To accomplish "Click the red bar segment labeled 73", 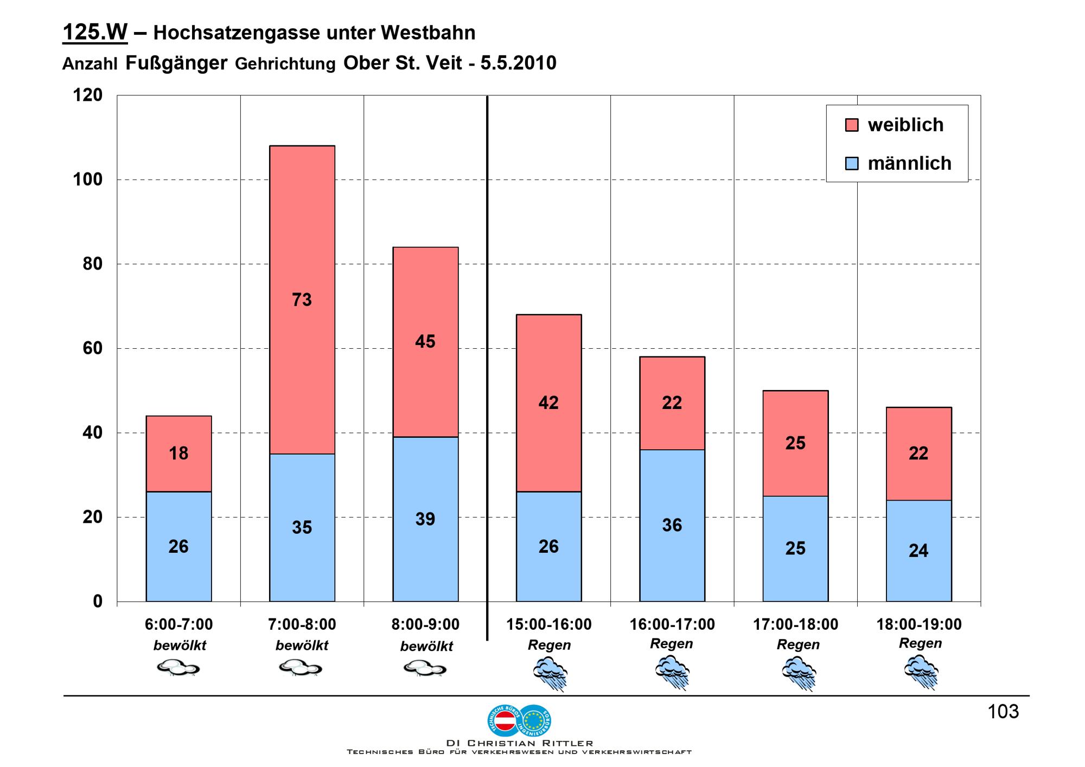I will [302, 299].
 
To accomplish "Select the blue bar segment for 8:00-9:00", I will [425, 519].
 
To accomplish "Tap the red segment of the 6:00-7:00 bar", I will [178, 453].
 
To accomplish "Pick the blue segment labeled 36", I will [672, 525].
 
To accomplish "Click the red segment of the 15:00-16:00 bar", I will [548, 402].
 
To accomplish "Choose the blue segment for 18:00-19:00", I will [918, 551].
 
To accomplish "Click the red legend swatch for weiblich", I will [852, 125].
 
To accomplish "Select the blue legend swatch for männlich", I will [852, 163].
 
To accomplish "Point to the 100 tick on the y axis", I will [88, 180].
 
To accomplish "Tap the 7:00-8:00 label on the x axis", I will [302, 624].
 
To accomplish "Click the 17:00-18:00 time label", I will [795, 624].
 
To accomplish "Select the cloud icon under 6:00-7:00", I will [178, 668].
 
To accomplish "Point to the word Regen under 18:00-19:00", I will [920, 643].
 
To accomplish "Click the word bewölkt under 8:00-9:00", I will [426, 647].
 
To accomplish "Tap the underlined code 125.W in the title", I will [95, 33].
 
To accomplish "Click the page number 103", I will [1003, 712].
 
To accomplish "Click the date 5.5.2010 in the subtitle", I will [518, 63].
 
